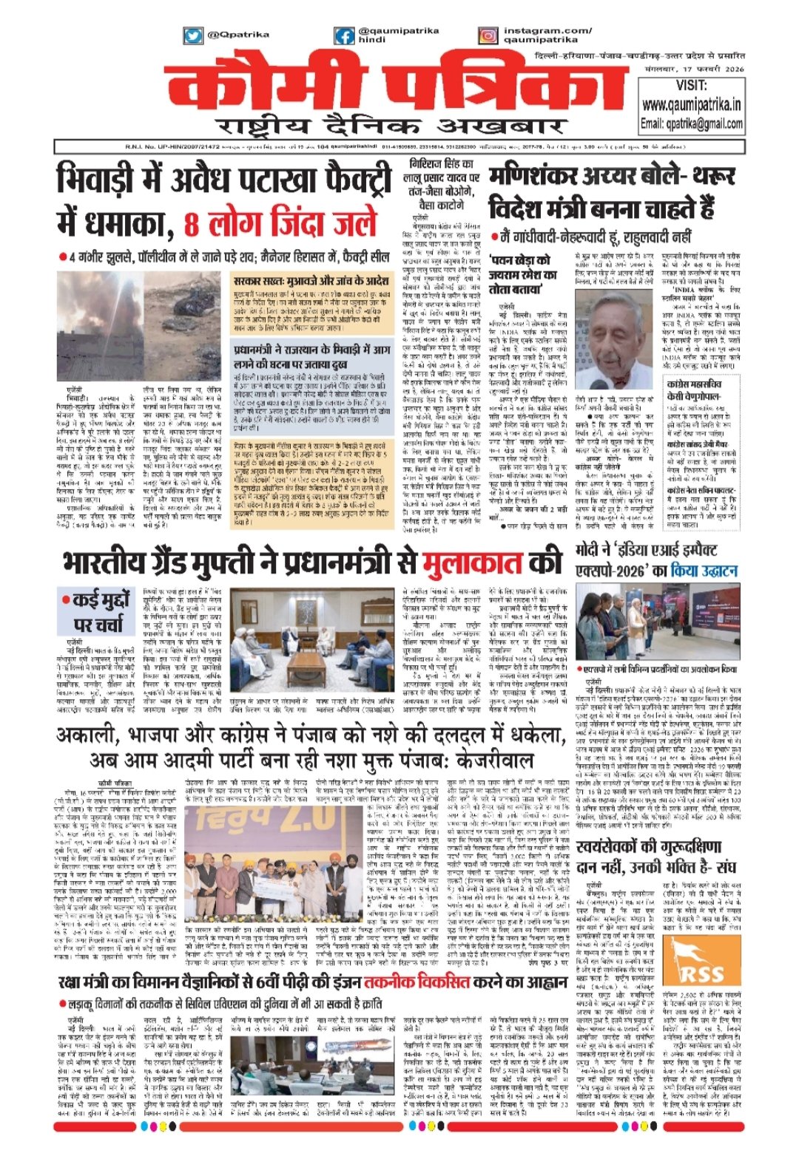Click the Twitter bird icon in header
click(x=193, y=35)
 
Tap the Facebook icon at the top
click(x=344, y=35)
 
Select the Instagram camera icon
click(x=488, y=35)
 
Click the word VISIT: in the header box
click(x=691, y=86)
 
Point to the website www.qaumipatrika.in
click(x=691, y=106)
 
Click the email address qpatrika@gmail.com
click(x=691, y=123)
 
